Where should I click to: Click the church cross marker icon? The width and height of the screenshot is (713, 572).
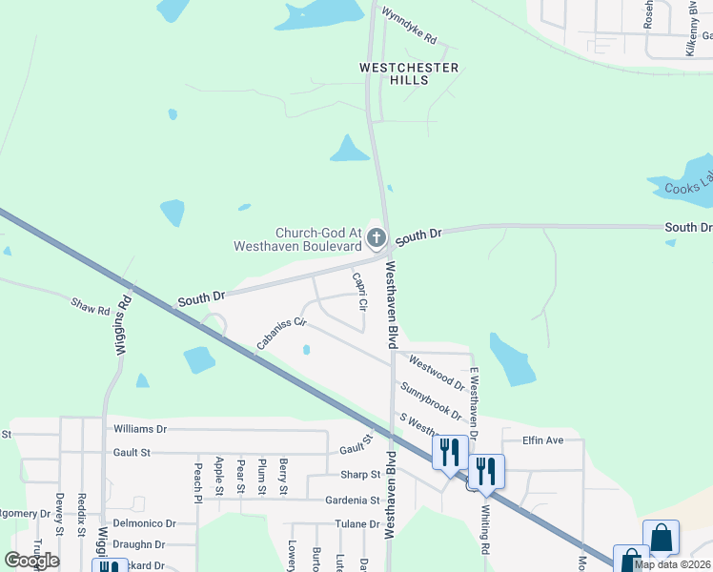[x=377, y=237]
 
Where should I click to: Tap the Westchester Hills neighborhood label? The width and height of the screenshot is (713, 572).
[x=409, y=74]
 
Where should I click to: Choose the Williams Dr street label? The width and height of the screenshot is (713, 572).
[x=139, y=429]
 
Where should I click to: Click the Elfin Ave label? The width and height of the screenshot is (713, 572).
[x=543, y=440]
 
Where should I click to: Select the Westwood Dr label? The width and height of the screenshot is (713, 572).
[x=437, y=373]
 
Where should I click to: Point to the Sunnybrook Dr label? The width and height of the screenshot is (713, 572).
[x=431, y=402]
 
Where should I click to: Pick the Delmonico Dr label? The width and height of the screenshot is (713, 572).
[x=145, y=523]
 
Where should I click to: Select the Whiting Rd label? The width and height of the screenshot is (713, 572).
[x=484, y=535]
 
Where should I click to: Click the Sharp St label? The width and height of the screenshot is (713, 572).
[x=360, y=475]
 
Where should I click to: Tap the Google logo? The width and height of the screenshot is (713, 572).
[x=31, y=561]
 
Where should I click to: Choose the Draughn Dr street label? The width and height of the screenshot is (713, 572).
[x=138, y=544]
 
